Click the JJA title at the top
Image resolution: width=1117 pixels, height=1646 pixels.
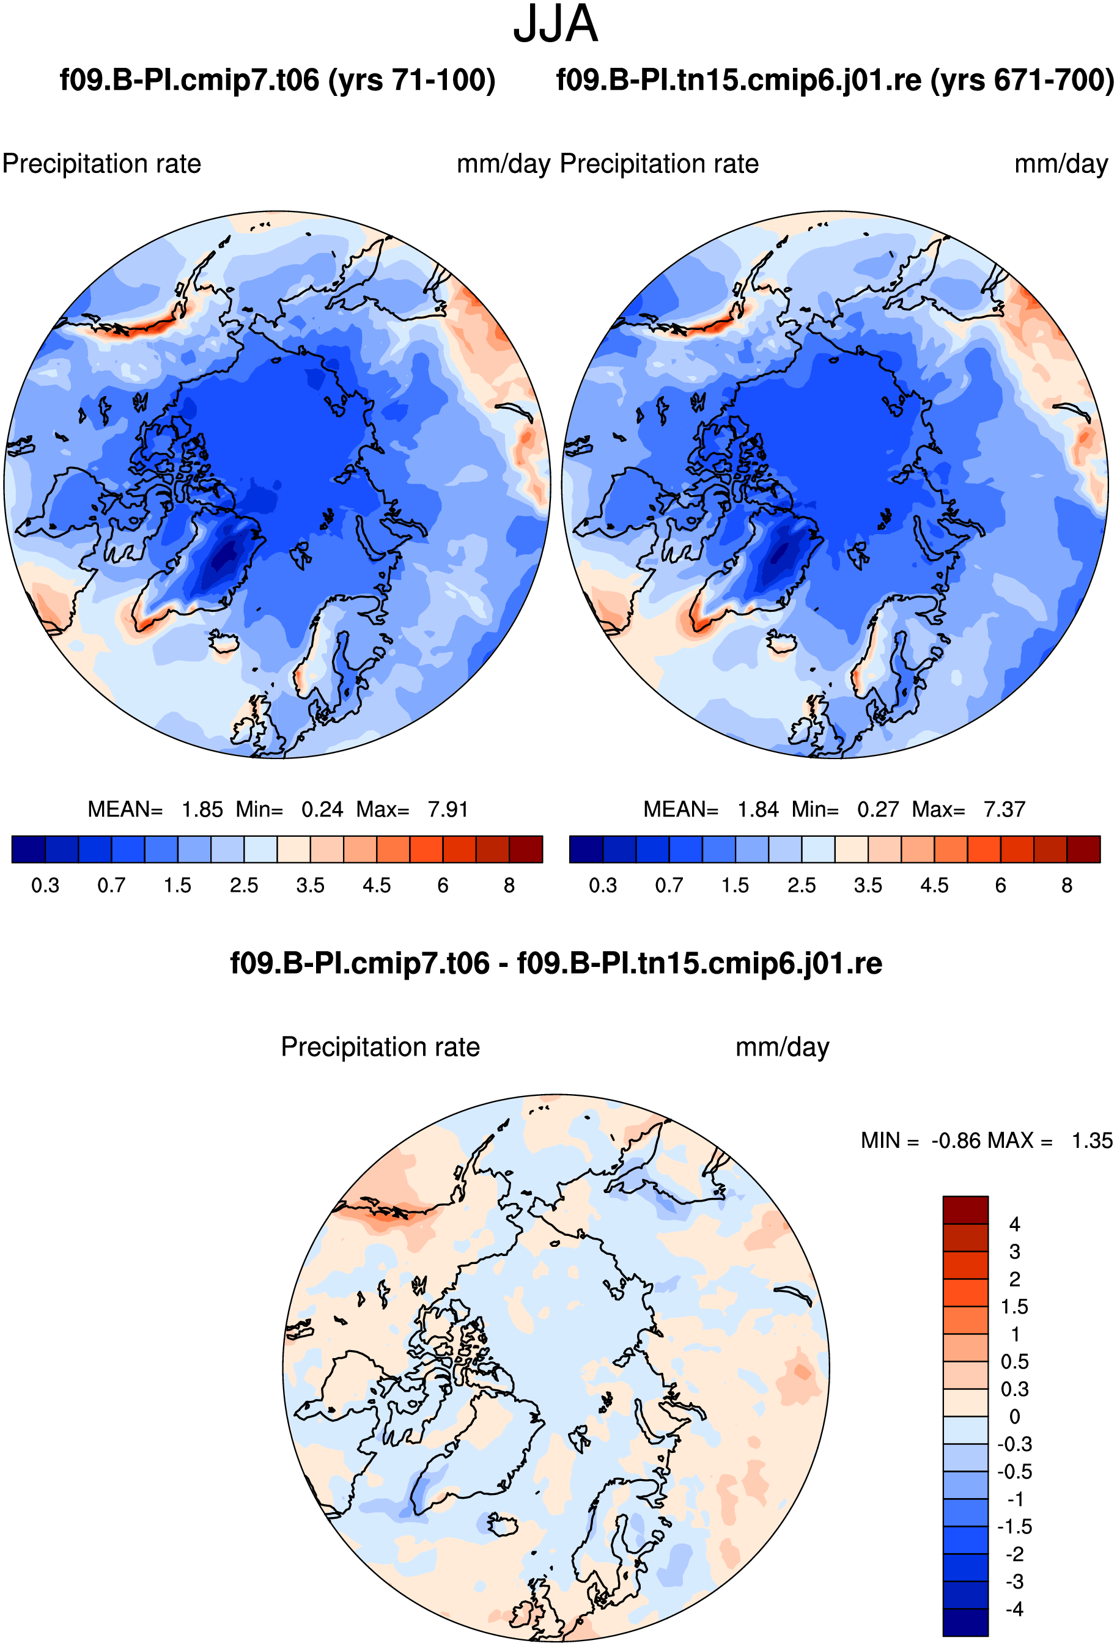[x=555, y=24]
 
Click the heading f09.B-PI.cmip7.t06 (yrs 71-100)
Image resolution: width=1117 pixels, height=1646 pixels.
[x=278, y=80]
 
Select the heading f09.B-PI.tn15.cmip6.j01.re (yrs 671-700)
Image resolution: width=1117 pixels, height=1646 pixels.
[x=835, y=80]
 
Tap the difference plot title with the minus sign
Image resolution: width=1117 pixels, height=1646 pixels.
[x=556, y=963]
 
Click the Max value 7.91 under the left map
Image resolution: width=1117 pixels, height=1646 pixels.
[x=448, y=809]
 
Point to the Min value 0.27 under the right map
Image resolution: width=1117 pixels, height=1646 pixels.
[x=877, y=809]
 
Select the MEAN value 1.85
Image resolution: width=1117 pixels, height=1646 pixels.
[x=202, y=809]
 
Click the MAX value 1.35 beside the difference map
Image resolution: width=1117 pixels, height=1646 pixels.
[x=1091, y=1141]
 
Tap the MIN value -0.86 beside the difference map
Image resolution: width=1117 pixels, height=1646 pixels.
[x=955, y=1141]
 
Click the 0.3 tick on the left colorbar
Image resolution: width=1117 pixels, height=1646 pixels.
[x=45, y=885]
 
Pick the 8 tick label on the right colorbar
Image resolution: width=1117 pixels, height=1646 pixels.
[x=1067, y=885]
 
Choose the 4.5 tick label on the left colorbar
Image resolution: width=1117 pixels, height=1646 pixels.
[x=377, y=885]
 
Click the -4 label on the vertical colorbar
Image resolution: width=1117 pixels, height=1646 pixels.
[x=1014, y=1609]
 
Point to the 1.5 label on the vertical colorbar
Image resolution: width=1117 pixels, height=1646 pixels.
[x=1014, y=1307]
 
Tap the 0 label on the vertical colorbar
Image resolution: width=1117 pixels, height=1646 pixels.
[x=1014, y=1417]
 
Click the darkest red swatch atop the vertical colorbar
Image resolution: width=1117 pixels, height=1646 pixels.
[x=965, y=1210]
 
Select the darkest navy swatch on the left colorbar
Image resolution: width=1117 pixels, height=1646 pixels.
[x=29, y=849]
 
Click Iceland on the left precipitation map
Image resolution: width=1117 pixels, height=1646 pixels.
[x=224, y=642]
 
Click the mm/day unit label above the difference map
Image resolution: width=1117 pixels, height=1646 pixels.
[x=783, y=1048]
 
